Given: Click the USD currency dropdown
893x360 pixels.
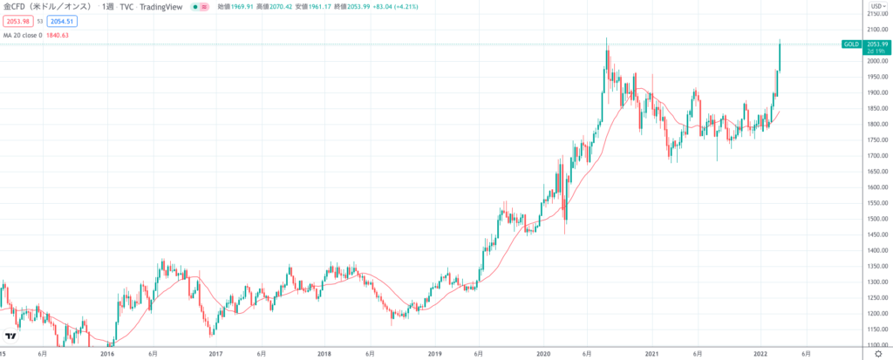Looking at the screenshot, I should click(x=874, y=7).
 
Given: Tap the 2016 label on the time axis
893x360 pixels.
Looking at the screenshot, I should click(x=107, y=354).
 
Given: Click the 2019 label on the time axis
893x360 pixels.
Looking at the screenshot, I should click(x=434, y=354).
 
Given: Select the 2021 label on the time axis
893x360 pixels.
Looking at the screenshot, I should click(x=651, y=354).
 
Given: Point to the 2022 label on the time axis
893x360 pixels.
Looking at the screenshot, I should click(x=760, y=354).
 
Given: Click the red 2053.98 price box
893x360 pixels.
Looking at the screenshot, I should click(x=18, y=21).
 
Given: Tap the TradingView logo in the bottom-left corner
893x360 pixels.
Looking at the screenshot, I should click(x=10, y=336).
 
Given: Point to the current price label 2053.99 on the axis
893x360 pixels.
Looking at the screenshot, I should click(x=876, y=44).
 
